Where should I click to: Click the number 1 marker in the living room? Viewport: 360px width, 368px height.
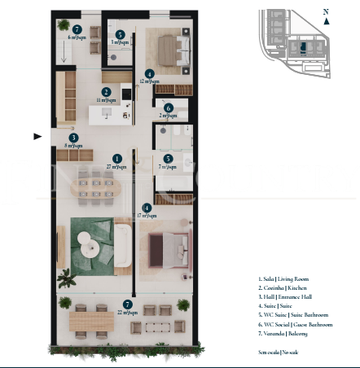pos(116,158)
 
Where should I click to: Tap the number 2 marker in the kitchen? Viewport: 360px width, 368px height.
pos(106,92)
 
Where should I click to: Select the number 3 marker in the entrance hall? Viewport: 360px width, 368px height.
pos(73,138)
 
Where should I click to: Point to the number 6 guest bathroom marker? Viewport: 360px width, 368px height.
pos(168,107)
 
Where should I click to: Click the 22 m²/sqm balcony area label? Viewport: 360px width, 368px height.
pos(126,313)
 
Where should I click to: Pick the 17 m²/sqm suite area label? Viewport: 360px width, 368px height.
pos(147,216)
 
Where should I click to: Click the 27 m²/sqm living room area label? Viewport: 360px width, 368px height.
pos(116,166)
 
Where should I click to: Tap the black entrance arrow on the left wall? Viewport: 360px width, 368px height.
pos(37,137)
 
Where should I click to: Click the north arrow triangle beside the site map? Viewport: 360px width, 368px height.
pos(326,22)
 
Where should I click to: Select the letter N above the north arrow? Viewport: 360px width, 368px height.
pos(326,11)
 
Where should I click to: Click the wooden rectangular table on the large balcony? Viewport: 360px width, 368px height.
pos(90,322)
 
